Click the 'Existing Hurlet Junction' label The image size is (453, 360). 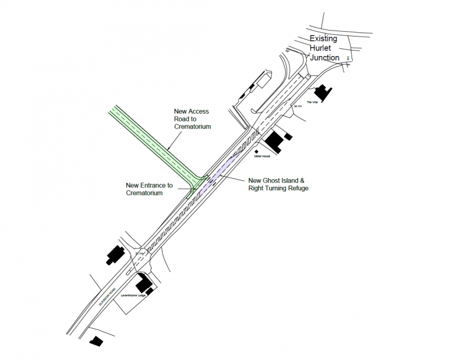[x=324, y=48]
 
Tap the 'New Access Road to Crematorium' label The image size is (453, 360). [x=192, y=119]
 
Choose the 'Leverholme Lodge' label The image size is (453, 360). [x=134, y=296]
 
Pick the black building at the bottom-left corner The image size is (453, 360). [x=94, y=341]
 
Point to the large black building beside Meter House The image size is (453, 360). [x=274, y=140]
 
